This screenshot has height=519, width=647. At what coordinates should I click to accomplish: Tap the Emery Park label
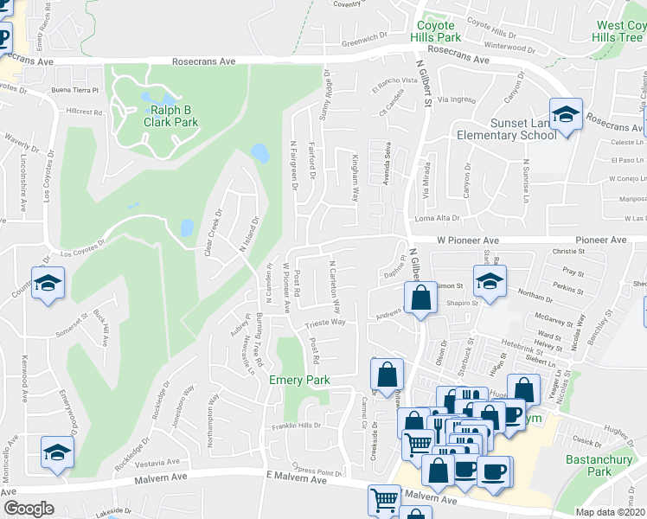[x=299, y=380]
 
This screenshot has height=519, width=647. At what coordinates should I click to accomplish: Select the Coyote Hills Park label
[x=437, y=32]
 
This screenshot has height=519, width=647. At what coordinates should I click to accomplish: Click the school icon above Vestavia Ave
[x=58, y=451]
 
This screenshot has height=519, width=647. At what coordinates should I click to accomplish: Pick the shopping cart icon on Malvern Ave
[x=383, y=498]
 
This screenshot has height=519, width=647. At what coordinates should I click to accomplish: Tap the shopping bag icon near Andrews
[x=420, y=298]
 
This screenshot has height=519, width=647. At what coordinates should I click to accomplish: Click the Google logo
[x=29, y=509]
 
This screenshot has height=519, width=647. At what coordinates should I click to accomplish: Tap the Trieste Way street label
[x=325, y=323]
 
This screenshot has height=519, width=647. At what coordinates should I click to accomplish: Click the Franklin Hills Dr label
[x=298, y=426]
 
